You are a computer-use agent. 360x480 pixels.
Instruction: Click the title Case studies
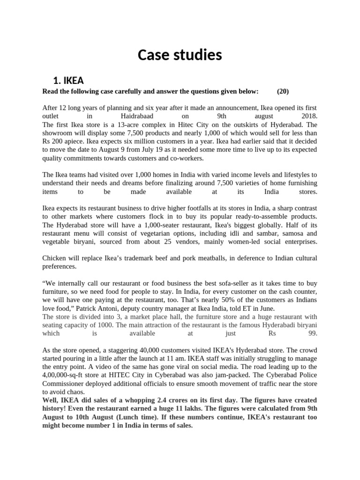click(x=180, y=55)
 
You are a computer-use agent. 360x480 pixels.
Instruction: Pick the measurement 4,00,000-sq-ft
click(x=65, y=375)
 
